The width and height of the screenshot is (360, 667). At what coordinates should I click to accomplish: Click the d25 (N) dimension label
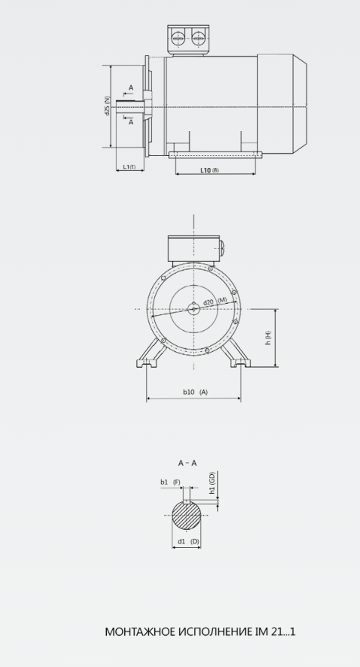pyautogui.click(x=107, y=106)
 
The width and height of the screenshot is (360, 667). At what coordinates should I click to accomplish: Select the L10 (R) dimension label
pyautogui.click(x=209, y=170)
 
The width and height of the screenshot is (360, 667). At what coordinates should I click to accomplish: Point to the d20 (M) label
pyautogui.click(x=215, y=301)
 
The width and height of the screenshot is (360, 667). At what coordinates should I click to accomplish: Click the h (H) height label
pyautogui.click(x=268, y=338)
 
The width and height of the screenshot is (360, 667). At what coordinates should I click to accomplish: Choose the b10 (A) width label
pyautogui.click(x=195, y=392)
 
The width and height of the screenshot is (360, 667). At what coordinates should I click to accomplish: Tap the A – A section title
pyautogui.click(x=188, y=463)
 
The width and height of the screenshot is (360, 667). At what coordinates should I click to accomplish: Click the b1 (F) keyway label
pyautogui.click(x=170, y=482)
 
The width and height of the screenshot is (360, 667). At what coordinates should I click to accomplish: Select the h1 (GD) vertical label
pyautogui.click(x=212, y=483)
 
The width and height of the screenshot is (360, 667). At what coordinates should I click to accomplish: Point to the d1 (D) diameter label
pyautogui.click(x=188, y=541)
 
